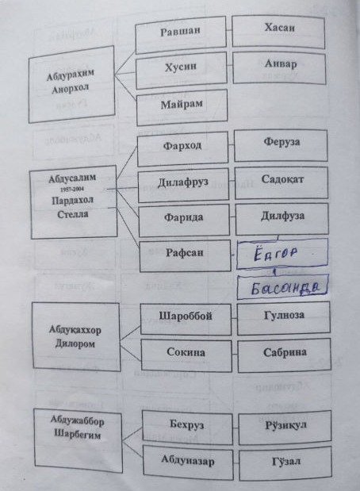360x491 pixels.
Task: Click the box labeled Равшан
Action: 181,34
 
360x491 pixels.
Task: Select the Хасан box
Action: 278,32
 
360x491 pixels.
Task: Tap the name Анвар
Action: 281,63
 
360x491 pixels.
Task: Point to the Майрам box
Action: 182,107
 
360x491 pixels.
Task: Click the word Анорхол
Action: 71,90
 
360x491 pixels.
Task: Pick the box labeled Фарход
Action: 183,149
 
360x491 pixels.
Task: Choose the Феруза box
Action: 281,145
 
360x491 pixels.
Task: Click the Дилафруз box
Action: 183,186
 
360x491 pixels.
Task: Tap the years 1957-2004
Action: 72,189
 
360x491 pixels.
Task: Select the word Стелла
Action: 73,214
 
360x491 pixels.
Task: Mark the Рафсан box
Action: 185,256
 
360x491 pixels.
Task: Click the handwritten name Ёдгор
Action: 275,253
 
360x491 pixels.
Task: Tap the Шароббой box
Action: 186,319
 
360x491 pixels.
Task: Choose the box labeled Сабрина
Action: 284,355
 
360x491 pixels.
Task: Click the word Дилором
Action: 75,343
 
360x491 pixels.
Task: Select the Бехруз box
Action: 187,428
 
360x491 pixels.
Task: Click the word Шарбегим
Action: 78,435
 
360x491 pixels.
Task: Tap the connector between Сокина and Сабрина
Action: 235,355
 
